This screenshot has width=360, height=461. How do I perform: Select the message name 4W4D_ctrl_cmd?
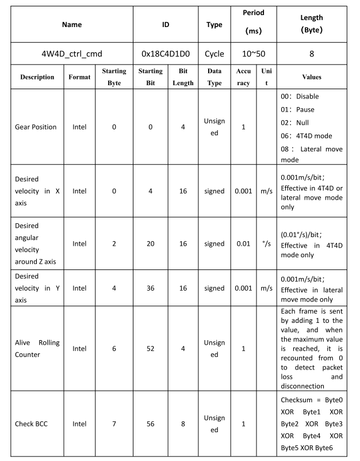(72, 54)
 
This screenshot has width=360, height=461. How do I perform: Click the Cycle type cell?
(215, 54)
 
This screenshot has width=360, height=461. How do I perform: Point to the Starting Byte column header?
(114, 77)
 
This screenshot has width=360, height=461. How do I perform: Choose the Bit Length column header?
(183, 77)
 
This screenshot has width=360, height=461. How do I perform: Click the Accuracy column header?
(243, 77)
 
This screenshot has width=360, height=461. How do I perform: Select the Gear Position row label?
(36, 127)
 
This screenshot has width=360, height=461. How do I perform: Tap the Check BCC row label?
(33, 424)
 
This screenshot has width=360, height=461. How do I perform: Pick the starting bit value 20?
(150, 243)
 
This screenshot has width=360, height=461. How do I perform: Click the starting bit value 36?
(150, 288)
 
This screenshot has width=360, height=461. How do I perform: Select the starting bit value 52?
(150, 348)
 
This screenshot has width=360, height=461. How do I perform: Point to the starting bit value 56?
(150, 424)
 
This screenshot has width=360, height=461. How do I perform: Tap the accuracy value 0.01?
(243, 243)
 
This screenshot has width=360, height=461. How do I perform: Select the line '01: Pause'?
(297, 109)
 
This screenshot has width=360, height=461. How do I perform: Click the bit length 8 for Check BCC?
(183, 424)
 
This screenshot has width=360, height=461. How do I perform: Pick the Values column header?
(311, 77)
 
